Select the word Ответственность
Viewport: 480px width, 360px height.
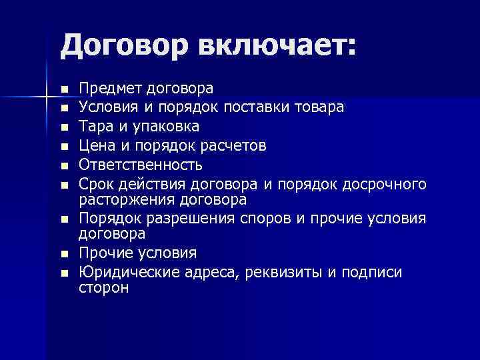[141, 164]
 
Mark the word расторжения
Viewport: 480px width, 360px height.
[124, 199]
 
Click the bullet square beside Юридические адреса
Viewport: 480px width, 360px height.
[63, 273]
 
